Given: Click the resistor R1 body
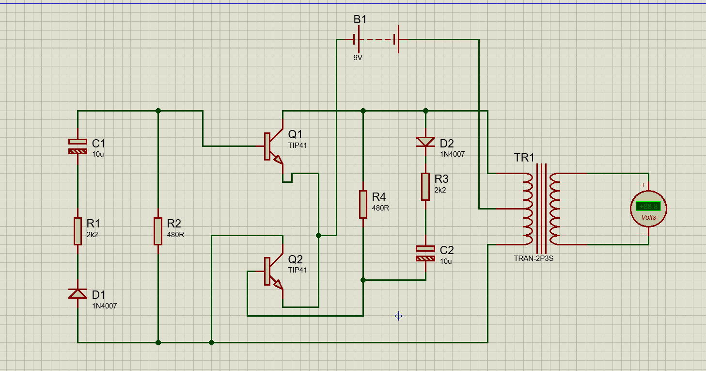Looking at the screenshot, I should pos(78,231).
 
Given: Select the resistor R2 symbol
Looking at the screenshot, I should pos(158,231).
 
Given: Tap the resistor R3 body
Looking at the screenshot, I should pos(425,187).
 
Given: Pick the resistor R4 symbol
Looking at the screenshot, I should pos(363,204).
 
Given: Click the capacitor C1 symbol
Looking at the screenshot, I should pos(78,146).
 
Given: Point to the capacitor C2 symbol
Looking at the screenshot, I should pos(425,254).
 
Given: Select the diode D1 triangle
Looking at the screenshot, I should pos(78,293).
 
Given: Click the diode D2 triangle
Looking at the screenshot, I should pos(425,142).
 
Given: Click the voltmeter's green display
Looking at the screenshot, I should pos(648,206).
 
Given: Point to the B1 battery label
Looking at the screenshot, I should pos(360,20).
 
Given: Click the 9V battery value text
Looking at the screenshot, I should pos(358,57).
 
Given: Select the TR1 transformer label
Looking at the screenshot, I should pos(524,158).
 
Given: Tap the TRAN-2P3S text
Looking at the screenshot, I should pos(533,258).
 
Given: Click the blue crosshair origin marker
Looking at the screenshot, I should pos(398,316).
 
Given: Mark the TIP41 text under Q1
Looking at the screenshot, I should pos(298,145).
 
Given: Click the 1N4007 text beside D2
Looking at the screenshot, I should pos(452,154).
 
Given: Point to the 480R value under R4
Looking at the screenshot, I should pos(380,208).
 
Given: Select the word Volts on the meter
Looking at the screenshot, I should pos(648,217).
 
